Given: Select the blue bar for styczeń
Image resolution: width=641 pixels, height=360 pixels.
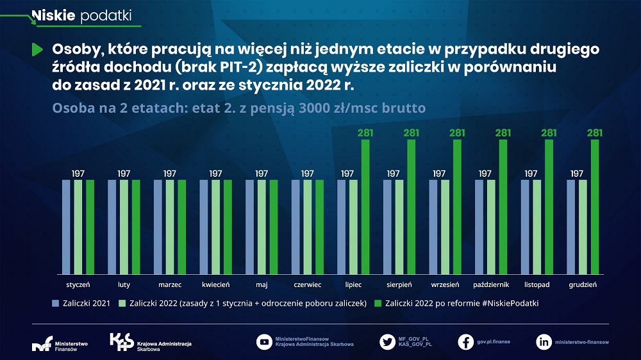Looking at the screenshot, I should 66,225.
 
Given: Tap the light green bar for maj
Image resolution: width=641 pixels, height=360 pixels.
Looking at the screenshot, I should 262,225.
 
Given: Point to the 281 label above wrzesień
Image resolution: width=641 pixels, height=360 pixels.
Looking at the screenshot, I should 457,133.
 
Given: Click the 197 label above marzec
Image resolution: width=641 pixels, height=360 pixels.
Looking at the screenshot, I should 170,173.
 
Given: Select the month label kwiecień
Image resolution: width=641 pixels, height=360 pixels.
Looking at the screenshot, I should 215,284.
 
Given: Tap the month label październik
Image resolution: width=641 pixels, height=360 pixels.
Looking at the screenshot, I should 490,284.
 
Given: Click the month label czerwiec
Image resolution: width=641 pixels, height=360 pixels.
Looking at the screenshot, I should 308,284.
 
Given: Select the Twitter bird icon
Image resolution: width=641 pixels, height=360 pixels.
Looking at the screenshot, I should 387,342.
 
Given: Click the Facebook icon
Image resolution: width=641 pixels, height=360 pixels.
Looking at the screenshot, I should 466,342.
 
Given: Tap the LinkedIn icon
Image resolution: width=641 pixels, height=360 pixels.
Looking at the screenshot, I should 544,342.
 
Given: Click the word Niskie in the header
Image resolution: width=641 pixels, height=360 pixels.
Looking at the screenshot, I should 54,15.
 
